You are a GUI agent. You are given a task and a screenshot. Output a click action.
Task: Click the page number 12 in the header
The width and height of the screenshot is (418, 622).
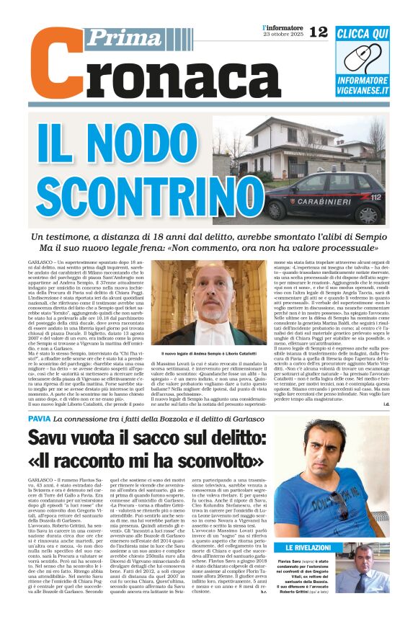318,31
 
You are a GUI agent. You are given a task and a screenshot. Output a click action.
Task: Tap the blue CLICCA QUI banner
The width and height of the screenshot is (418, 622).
362,33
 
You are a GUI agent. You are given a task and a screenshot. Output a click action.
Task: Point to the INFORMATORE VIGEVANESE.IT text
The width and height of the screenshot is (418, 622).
363,86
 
